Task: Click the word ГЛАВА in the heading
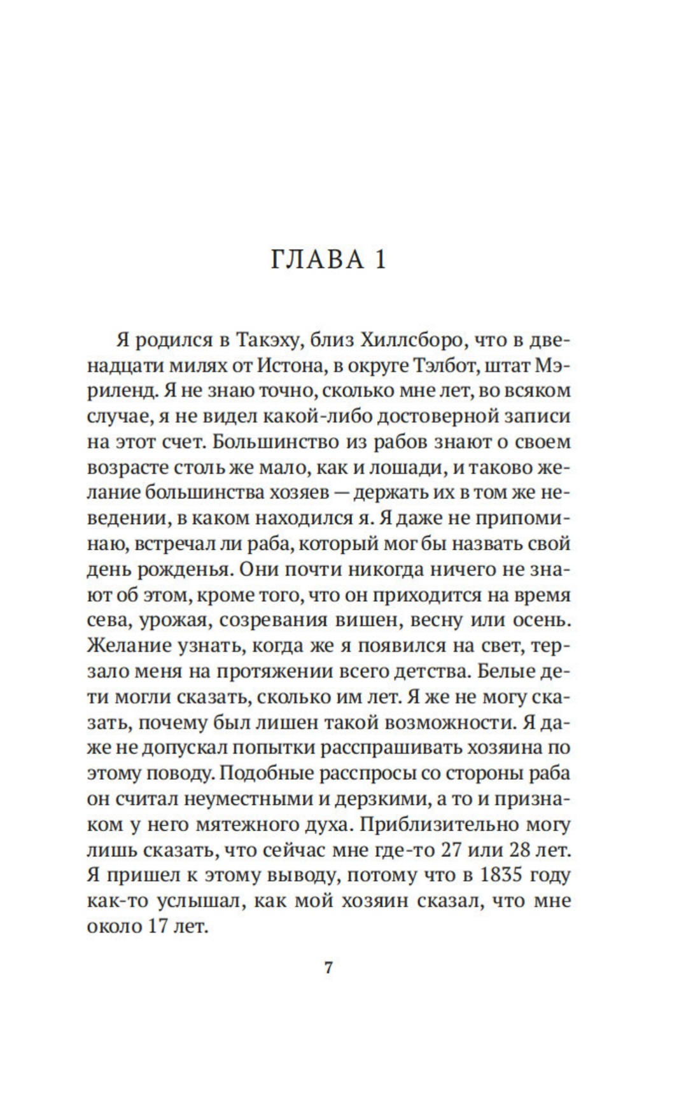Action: pyautogui.click(x=311, y=260)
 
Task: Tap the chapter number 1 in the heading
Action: pyautogui.click(x=380, y=260)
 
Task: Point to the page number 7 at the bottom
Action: pyautogui.click(x=328, y=969)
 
